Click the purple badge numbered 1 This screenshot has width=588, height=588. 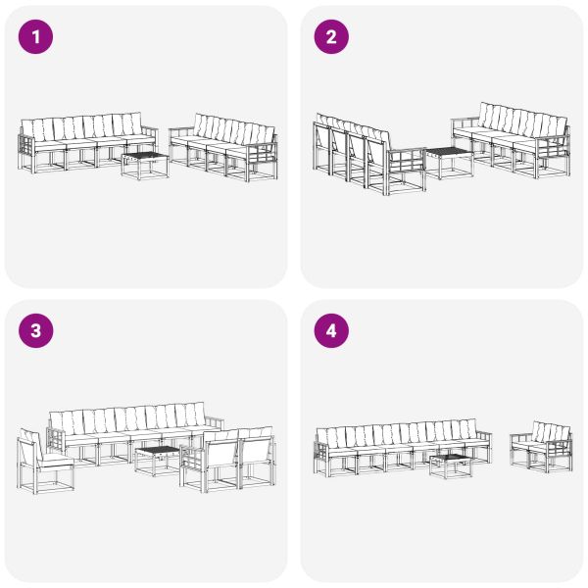pyautogui.click(x=36, y=37)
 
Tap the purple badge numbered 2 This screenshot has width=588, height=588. pyautogui.click(x=330, y=37)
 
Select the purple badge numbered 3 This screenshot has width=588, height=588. pyautogui.click(x=36, y=331)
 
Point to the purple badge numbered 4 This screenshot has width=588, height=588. pyautogui.click(x=330, y=331)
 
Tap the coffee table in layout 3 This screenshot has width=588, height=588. pyautogui.click(x=158, y=459)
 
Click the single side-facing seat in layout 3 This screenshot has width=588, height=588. pyautogui.click(x=44, y=461)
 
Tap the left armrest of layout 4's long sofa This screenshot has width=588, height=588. pyautogui.click(x=322, y=451)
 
